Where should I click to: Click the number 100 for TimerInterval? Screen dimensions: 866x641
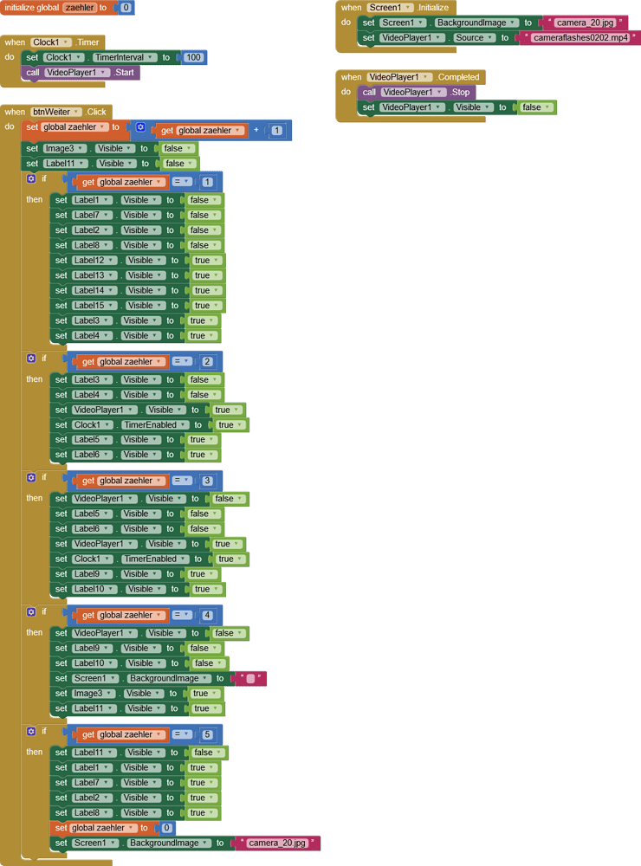(x=193, y=57)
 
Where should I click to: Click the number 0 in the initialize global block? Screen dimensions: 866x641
(x=126, y=8)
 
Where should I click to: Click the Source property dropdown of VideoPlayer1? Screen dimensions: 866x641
(x=473, y=38)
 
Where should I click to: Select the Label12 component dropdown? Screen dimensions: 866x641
(x=92, y=261)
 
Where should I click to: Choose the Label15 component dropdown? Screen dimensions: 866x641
(x=92, y=306)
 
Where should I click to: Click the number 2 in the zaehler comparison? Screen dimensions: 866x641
(x=207, y=362)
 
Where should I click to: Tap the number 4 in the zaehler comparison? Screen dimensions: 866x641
(x=207, y=616)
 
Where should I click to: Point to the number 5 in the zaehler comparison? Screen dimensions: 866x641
(x=207, y=735)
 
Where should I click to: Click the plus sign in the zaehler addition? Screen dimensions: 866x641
(x=256, y=131)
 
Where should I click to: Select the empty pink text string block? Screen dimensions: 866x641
(x=250, y=679)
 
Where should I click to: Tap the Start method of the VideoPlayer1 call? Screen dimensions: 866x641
(x=125, y=73)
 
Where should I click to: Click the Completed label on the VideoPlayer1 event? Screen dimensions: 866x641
(x=459, y=77)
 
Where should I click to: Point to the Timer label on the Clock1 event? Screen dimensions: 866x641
(x=89, y=42)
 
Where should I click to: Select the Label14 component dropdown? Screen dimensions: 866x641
(x=92, y=291)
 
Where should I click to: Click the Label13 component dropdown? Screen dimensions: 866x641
(x=92, y=275)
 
